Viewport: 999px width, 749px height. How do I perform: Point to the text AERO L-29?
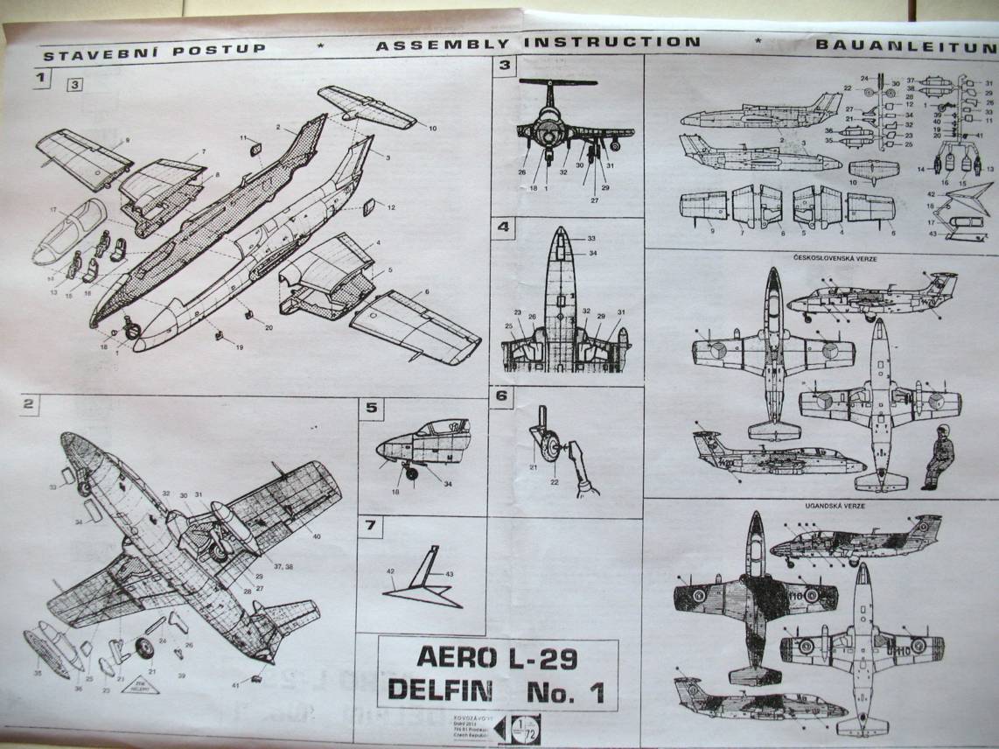pos(496,657)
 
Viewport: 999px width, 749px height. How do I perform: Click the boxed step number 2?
pos(29,403)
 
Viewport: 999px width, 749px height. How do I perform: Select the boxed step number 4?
pos(503,227)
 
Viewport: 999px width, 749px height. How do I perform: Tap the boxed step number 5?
pos(371,408)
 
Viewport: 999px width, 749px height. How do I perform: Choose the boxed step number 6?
pos(501,395)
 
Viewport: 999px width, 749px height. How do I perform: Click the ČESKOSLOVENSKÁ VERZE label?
pos(822,259)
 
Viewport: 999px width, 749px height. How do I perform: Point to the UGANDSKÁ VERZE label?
pos(822,507)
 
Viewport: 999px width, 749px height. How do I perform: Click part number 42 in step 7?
pos(391,570)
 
